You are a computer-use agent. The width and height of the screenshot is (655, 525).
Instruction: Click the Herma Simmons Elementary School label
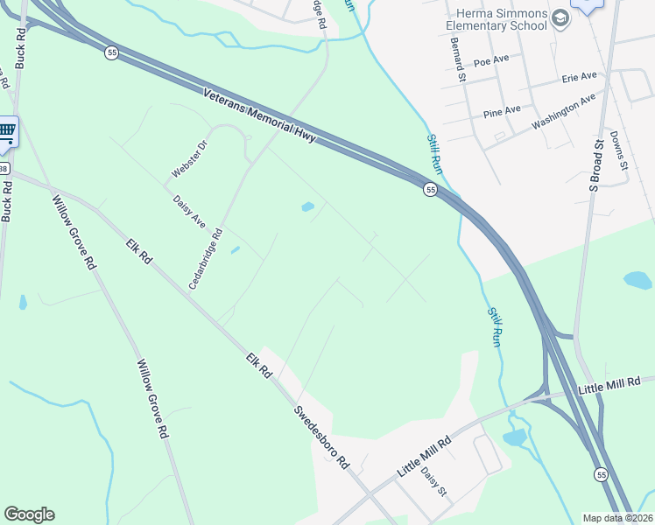point(501,20)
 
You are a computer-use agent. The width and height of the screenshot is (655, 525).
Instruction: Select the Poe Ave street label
point(491,62)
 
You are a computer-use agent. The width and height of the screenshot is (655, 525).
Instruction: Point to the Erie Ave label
point(578,80)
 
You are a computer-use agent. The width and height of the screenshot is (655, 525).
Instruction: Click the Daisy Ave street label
point(189,211)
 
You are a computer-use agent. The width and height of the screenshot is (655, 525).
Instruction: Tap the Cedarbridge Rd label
point(207,259)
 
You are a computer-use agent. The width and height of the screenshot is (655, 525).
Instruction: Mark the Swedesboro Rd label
point(321,437)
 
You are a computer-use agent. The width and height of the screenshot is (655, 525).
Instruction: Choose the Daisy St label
point(433,482)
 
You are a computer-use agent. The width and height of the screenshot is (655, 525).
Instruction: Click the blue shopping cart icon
point(7,132)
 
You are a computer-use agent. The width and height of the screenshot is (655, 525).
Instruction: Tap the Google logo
point(29,514)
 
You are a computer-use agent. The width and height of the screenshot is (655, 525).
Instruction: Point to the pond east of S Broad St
point(637,281)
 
